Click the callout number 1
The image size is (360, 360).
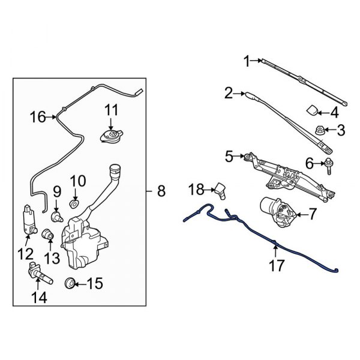(x=246, y=60)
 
